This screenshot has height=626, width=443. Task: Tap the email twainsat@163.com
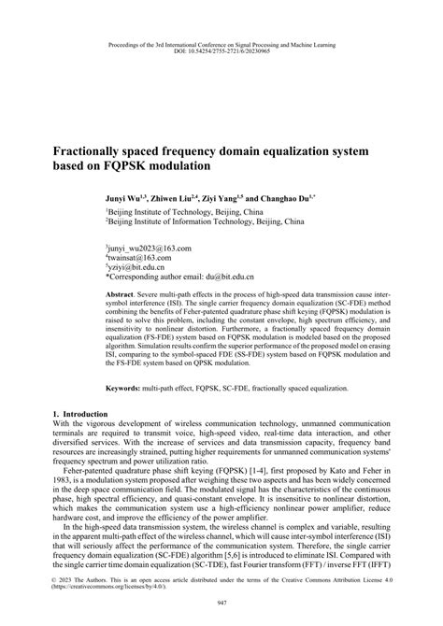(x=141, y=258)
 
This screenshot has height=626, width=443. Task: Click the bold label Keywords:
(x=125, y=386)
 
